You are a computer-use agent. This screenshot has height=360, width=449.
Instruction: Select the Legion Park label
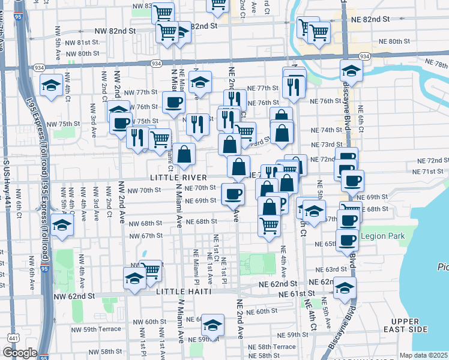pos(384,236)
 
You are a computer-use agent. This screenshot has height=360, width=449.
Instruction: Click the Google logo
pos(19,353)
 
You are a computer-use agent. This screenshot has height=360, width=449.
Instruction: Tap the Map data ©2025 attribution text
pos(423,355)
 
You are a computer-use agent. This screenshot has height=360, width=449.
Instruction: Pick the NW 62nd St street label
pos(74,296)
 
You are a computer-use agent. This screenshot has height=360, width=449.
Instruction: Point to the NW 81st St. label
pos(83,43)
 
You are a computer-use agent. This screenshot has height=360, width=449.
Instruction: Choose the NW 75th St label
pos(63,124)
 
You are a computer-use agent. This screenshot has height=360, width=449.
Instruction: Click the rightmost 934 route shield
pos(364,56)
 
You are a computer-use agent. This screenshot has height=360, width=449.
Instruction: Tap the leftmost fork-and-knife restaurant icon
pos(137,137)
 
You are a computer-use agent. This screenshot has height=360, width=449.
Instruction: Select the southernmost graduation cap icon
pos(212,325)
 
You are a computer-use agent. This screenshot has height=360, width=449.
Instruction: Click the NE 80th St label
pos(395,41)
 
